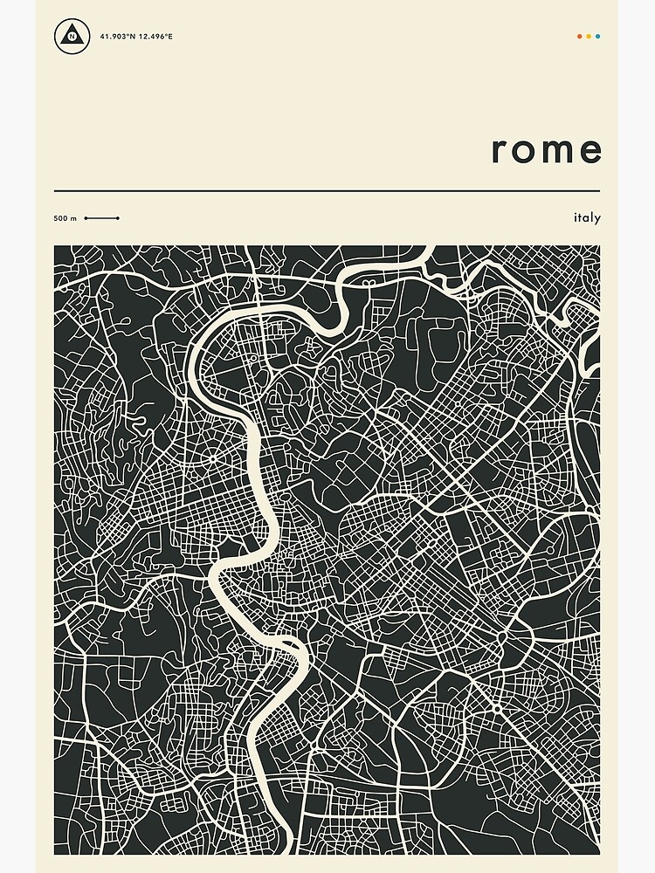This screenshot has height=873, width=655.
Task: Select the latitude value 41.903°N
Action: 117,37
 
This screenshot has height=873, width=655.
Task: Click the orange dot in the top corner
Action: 579,37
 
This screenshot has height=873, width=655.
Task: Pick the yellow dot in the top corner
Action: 589,37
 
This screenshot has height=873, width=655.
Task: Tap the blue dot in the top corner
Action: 598,37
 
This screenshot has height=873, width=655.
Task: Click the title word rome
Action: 547,150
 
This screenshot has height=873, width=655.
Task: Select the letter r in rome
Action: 500,151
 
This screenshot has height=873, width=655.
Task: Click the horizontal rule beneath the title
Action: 327,190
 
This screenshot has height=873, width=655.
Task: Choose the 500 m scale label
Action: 65,218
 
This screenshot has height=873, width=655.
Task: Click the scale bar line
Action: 101,218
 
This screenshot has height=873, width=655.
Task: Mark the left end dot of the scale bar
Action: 86,218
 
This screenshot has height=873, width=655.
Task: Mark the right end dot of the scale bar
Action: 118,218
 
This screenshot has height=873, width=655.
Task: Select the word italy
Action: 587,217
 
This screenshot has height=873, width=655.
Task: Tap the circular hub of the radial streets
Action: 211,457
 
